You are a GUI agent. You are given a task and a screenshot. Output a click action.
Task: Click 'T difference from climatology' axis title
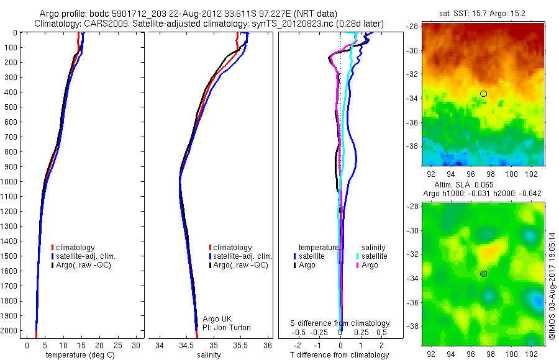(x=340, y=355)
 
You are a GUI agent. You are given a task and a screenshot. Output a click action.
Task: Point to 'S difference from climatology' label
(x=340, y=323)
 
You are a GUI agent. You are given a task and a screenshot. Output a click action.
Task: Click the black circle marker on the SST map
(x=483, y=94)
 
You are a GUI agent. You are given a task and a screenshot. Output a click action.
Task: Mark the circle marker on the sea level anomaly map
(x=483, y=274)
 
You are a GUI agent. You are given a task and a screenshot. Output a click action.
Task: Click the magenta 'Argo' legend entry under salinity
(x=370, y=265)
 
